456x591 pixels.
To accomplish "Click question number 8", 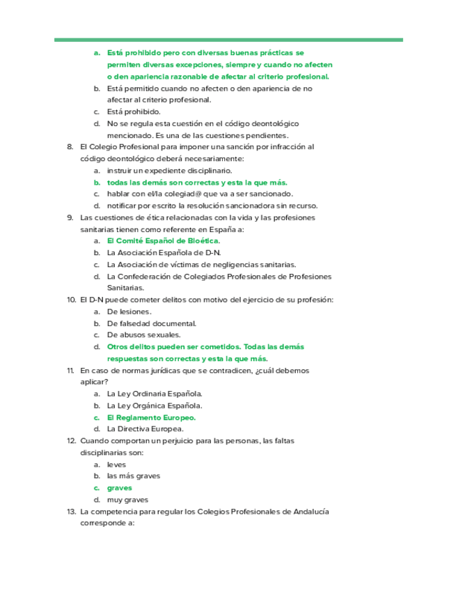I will (70, 147).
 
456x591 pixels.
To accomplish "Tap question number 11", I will (70, 370).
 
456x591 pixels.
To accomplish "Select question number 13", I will (70, 512).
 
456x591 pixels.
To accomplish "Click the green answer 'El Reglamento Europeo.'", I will (151, 417).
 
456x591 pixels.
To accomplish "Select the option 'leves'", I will (117, 464).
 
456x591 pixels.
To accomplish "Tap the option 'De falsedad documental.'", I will (151, 323).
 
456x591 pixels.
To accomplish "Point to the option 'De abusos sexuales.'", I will (144, 335).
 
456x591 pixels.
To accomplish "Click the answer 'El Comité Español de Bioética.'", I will (163, 240).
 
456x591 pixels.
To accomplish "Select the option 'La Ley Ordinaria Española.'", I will (155, 394).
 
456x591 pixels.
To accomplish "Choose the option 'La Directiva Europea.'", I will (145, 429).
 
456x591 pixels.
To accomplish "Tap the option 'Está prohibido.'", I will (134, 112).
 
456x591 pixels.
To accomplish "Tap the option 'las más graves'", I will (134, 476).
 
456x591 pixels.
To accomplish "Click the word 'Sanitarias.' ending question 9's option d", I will (125, 288).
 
